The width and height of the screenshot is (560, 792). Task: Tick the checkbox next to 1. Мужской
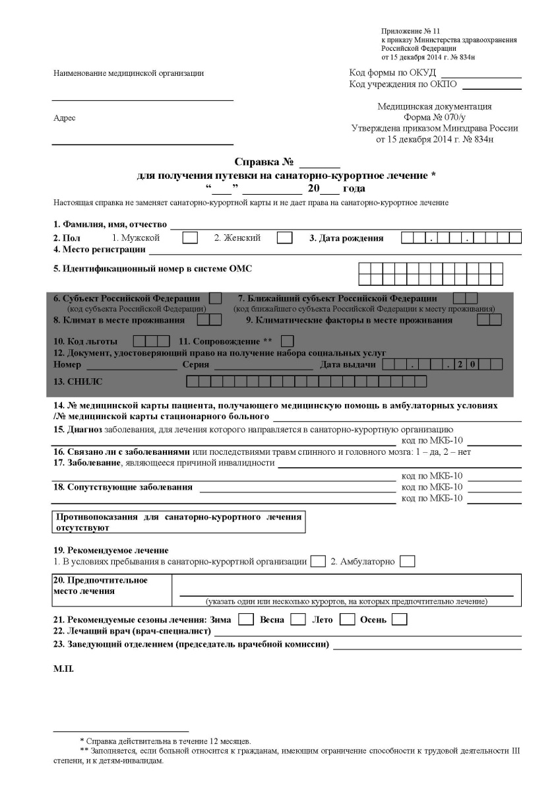[190, 238]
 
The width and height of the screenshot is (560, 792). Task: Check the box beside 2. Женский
[284, 238]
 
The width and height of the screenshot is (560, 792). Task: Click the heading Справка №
[264, 162]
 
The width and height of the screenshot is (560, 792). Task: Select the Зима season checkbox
[245, 620]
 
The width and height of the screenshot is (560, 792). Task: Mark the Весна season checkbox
[298, 620]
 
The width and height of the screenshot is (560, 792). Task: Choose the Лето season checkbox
[348, 620]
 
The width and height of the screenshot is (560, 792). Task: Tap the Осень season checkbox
[399, 620]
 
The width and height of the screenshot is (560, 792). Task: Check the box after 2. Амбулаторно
[408, 562]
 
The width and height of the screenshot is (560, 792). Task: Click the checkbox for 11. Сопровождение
[288, 341]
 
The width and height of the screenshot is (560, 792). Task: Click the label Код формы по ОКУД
[392, 73]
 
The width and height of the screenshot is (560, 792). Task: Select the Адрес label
[64, 118]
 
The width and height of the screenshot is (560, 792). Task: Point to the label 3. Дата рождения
[346, 238]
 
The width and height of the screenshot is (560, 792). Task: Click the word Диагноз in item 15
[84, 430]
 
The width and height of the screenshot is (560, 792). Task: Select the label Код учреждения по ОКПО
[403, 84]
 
